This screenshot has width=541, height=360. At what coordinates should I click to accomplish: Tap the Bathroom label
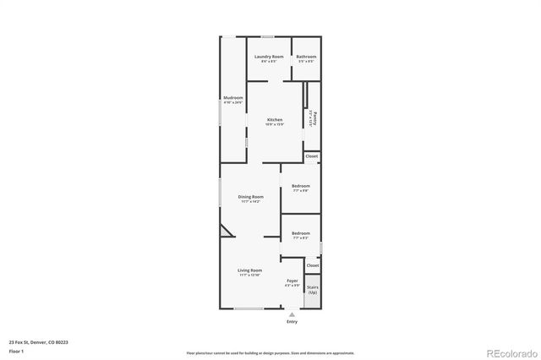coord(306,57)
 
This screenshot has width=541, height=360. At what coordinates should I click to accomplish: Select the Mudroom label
coord(232,99)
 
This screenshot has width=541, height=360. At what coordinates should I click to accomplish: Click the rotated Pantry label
coord(313,117)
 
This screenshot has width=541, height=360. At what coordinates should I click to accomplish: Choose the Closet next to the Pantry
coord(312,156)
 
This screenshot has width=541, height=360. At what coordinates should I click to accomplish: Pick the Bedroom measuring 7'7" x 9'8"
coord(301,187)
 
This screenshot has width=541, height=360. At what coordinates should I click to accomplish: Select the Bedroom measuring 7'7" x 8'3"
coord(301,234)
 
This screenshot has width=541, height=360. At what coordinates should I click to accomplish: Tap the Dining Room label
coord(250,198)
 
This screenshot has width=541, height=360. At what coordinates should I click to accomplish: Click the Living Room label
coord(250,271)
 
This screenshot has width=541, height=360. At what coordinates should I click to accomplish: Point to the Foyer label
coord(292,281)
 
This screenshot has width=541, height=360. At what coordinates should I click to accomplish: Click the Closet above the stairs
coord(313,265)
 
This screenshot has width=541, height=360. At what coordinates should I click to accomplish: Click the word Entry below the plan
coord(292,321)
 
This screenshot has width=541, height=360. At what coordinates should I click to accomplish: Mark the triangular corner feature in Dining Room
coord(226,232)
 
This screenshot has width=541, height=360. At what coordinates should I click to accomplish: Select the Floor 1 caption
coord(16,350)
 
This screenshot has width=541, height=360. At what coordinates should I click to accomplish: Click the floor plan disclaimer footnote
coord(271,352)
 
